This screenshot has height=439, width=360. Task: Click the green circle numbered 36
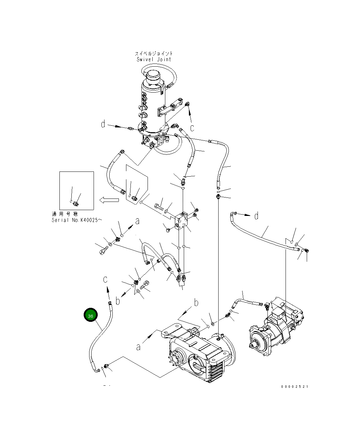click(x=91, y=316)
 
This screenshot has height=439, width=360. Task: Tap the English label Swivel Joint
click(x=154, y=59)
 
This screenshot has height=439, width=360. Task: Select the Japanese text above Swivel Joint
click(x=154, y=54)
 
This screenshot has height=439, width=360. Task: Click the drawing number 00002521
click(x=294, y=387)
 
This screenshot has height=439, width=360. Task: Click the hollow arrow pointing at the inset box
click(x=109, y=200)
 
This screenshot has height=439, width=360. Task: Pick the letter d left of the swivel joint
click(x=103, y=124)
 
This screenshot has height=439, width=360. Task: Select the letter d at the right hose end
click(x=256, y=216)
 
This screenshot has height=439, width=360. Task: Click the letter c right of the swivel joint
click(x=192, y=128)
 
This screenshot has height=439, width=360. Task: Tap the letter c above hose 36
click(x=106, y=279)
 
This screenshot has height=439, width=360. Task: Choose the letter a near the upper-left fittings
click(x=137, y=221)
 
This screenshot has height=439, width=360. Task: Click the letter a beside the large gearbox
click(x=138, y=347)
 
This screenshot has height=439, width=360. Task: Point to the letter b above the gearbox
click(x=196, y=303)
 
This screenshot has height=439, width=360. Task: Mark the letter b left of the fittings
click(x=118, y=301)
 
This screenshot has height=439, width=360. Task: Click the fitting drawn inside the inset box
click(x=76, y=204)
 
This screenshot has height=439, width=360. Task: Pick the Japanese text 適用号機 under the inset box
click(x=65, y=214)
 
